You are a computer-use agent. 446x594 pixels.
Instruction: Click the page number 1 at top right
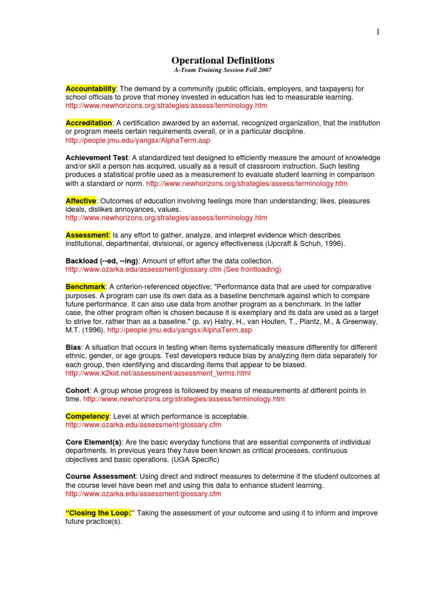click(x=378, y=32)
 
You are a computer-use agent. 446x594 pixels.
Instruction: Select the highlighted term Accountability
click(x=91, y=88)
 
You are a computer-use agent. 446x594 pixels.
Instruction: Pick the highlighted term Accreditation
click(x=89, y=123)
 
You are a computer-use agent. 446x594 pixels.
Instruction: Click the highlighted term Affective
click(x=81, y=201)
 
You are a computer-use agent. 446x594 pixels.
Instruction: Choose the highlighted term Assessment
click(x=88, y=235)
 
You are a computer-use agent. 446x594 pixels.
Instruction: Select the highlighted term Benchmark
click(x=85, y=287)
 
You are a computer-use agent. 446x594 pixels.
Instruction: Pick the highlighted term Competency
click(x=87, y=416)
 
